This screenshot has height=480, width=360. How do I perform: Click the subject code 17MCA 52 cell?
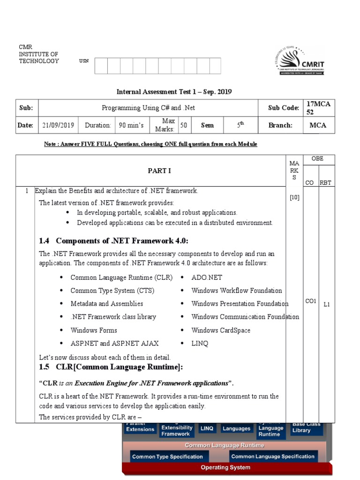pyautogui.click(x=318, y=108)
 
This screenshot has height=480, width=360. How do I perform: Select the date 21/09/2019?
pyautogui.click(x=58, y=125)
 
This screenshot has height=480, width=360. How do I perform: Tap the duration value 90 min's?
pyautogui.click(x=128, y=125)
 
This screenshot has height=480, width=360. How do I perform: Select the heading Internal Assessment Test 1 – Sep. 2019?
pyautogui.click(x=174, y=92)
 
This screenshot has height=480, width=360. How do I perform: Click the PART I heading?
pyautogui.click(x=159, y=171)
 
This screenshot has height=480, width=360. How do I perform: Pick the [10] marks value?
pyautogui.click(x=294, y=197)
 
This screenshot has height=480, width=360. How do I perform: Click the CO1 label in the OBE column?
pyautogui.click(x=311, y=301)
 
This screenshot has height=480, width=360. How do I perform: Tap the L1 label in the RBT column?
pyautogui.click(x=327, y=304)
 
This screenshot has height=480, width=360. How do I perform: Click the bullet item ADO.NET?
pyautogui.click(x=207, y=277)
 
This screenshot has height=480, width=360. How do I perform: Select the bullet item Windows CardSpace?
pyautogui.click(x=221, y=330)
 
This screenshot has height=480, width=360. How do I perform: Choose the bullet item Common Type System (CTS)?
pyautogui.click(x=112, y=291)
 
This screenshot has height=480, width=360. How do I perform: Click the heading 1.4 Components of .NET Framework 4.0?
pyautogui.click(x=114, y=241)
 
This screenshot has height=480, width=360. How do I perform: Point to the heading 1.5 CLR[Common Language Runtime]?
pyautogui.click(x=111, y=366)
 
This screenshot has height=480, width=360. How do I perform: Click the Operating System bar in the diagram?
pyautogui.click(x=225, y=467)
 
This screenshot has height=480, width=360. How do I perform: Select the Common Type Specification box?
pyautogui.click(x=167, y=457)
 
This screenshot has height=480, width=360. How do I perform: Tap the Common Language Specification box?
pyautogui.click(x=273, y=457)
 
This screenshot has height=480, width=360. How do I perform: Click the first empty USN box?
pyautogui.click(x=101, y=66)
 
